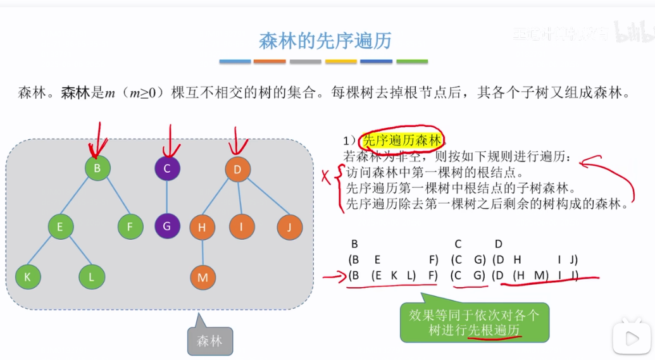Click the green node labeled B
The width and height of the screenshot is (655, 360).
97,168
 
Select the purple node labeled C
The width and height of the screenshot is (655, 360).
167,168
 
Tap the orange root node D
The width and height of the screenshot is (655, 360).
237,169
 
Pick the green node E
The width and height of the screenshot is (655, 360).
60,227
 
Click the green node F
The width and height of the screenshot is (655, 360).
130,227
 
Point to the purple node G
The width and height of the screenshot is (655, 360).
167,227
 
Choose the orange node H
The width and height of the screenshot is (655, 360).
203,228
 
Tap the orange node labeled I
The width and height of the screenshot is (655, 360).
242,227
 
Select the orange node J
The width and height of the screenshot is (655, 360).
289,227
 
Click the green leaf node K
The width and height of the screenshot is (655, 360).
28,276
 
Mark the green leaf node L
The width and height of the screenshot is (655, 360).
92,276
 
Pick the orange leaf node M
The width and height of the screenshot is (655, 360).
203,277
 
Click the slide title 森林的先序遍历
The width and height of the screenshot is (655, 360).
325,41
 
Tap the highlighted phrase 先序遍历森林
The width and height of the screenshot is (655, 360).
401,140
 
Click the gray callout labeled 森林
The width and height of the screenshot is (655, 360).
209,340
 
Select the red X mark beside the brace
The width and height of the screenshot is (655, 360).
327,178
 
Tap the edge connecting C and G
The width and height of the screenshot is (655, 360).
167,197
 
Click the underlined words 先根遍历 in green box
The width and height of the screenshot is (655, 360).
494,331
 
